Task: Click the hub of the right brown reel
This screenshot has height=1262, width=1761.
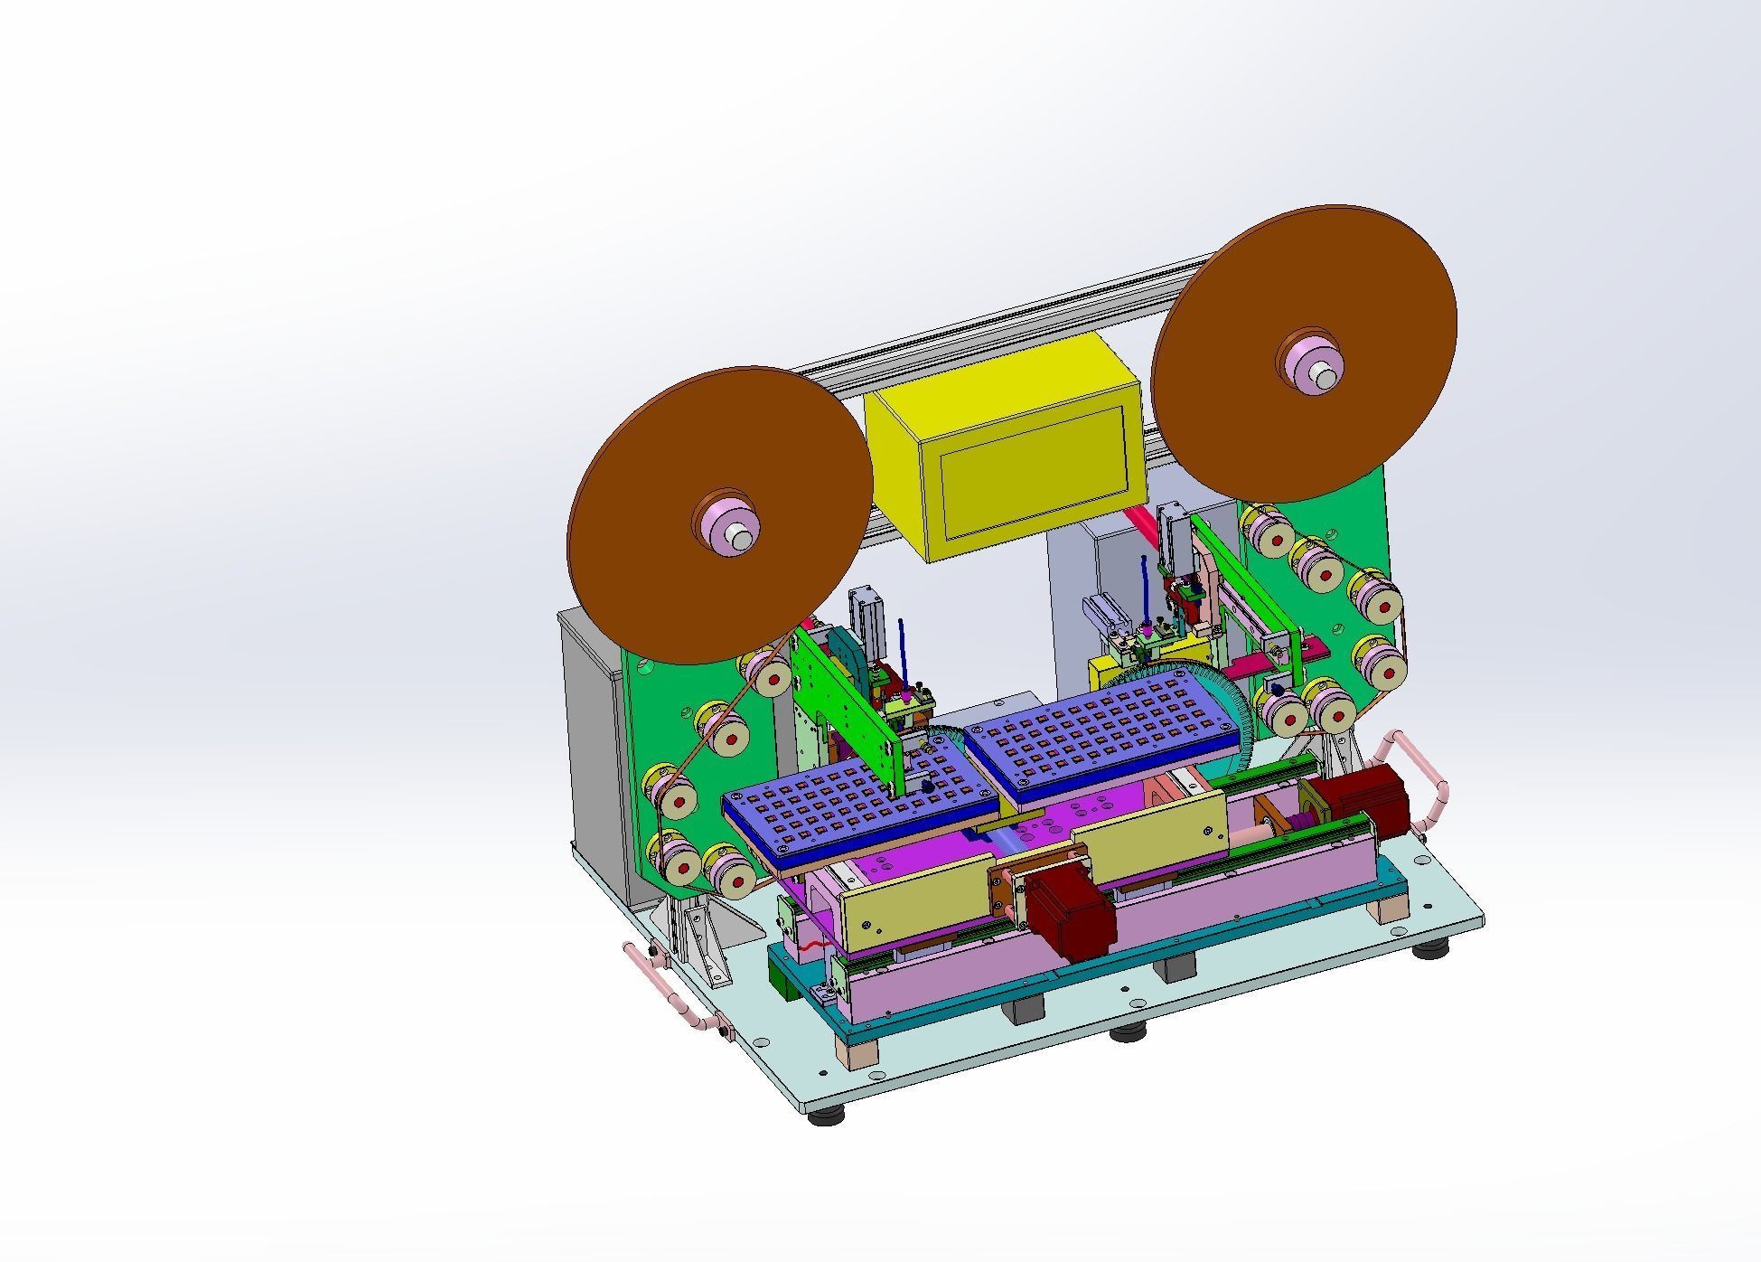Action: point(1310,363)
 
